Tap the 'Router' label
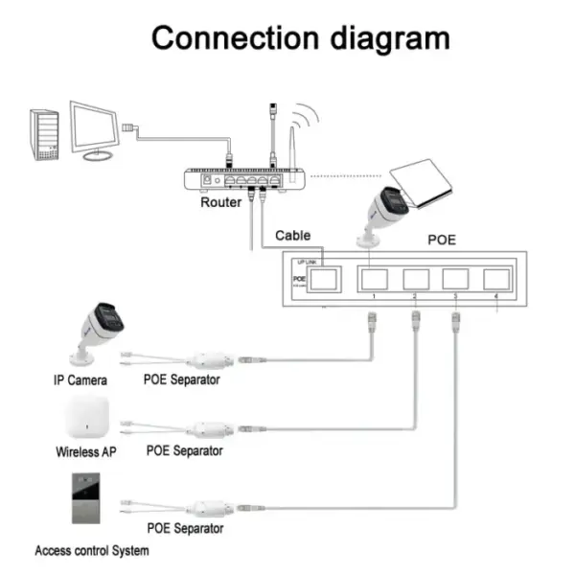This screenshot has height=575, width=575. tap(221, 202)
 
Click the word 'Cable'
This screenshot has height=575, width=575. tap(292, 235)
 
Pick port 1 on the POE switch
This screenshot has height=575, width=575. tap(372, 279)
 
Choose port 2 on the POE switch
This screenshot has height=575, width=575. tap(415, 279)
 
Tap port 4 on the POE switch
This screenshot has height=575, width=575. tap(496, 279)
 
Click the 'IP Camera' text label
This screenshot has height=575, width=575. tap(80, 379)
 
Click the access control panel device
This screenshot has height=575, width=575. tap(85, 498)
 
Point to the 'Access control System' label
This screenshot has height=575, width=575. tap(92, 551)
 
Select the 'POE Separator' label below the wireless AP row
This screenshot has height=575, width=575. tap(185, 450)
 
